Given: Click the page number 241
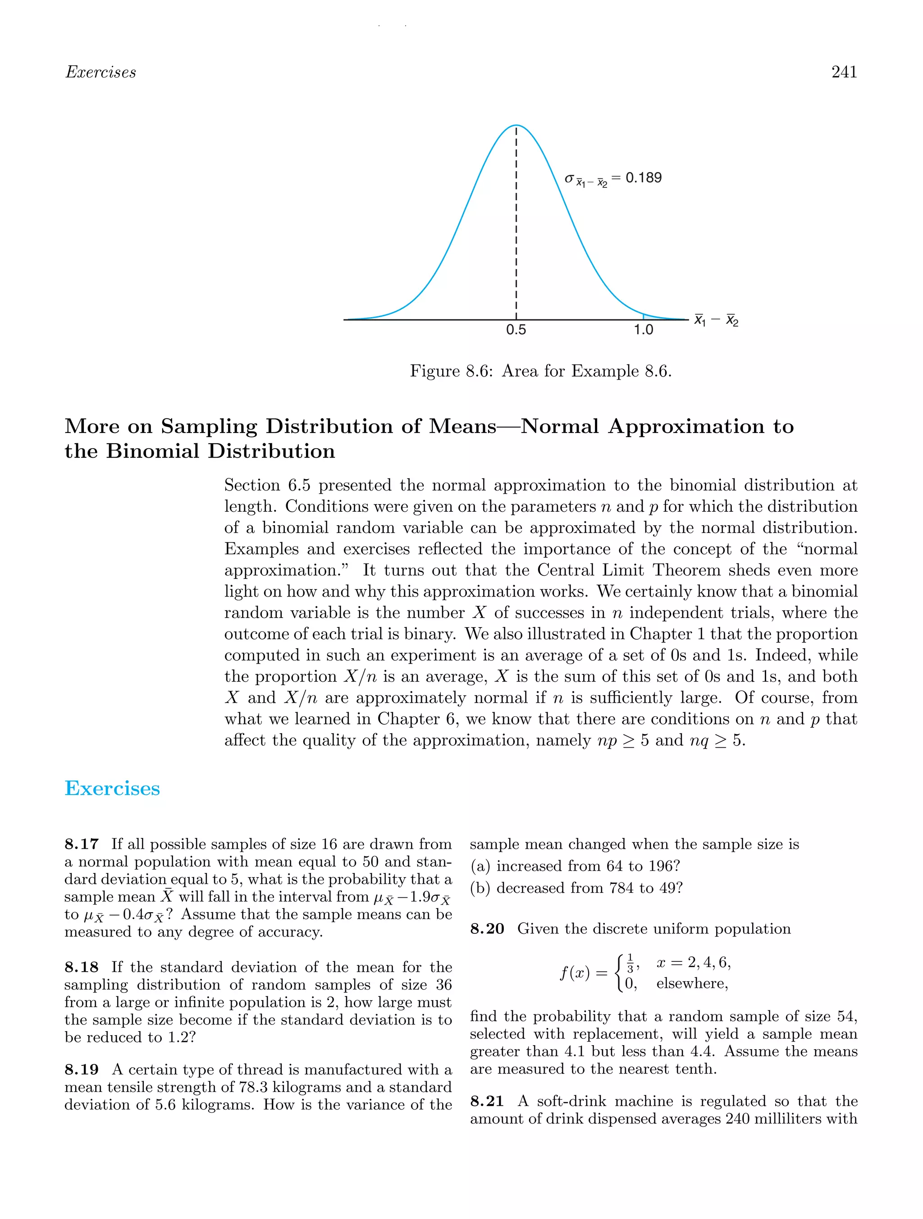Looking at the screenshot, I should coord(844,72).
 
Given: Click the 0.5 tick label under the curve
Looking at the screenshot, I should coord(516,330).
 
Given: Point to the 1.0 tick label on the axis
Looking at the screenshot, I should coord(643,330).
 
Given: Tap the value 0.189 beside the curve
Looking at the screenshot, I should coord(644,177).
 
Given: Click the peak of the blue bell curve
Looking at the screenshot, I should coord(516,126).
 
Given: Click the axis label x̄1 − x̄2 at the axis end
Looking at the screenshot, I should coord(716,320).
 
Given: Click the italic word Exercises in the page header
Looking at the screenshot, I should coord(101,72).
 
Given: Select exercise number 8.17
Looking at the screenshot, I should coord(82,844).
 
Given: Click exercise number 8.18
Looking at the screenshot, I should coord(82,967).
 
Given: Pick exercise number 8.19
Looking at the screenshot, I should coord(82,1069).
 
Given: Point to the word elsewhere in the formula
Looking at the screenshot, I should coord(691,984).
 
